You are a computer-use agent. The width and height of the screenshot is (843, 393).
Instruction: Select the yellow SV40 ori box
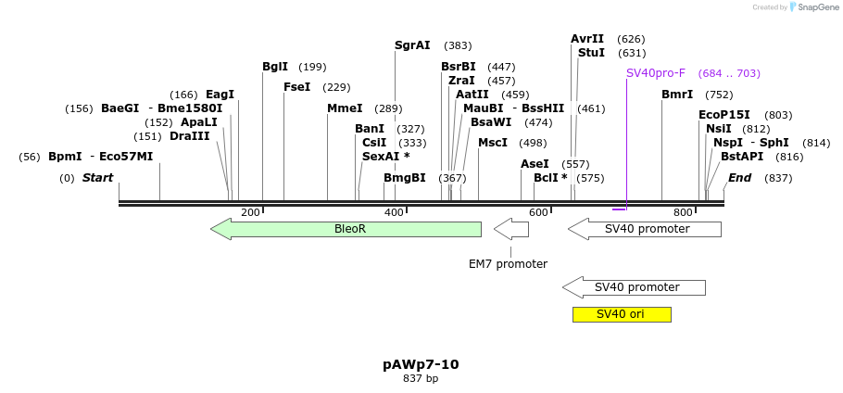(622, 314)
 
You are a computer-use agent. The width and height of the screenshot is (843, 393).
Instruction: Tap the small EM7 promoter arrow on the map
(510, 229)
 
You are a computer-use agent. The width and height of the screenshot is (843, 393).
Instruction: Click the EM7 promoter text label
(508, 264)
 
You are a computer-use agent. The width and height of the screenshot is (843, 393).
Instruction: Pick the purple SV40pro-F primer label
(656, 73)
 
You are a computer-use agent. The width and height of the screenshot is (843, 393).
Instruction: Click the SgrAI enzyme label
(412, 45)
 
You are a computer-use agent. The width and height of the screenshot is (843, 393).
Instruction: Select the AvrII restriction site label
(587, 39)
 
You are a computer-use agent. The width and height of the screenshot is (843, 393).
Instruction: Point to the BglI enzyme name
(275, 67)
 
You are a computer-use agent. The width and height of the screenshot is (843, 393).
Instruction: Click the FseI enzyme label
(297, 87)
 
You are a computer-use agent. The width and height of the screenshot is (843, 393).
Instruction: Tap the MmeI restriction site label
(345, 108)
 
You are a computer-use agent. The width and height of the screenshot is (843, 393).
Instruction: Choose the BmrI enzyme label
(677, 95)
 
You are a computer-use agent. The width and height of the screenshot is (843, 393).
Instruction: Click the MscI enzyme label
(493, 143)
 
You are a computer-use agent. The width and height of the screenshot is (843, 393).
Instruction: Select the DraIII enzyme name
(190, 136)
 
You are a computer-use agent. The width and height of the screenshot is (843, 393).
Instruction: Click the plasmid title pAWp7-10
(421, 364)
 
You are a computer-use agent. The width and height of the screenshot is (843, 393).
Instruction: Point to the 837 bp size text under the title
(421, 379)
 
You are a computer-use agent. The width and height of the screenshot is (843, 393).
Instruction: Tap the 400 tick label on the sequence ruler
(394, 213)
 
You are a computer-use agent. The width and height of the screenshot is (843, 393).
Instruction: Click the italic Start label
(97, 178)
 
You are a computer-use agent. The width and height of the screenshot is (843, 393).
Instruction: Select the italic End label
(739, 178)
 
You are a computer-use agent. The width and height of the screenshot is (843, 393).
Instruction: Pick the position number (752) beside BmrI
(719, 95)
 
